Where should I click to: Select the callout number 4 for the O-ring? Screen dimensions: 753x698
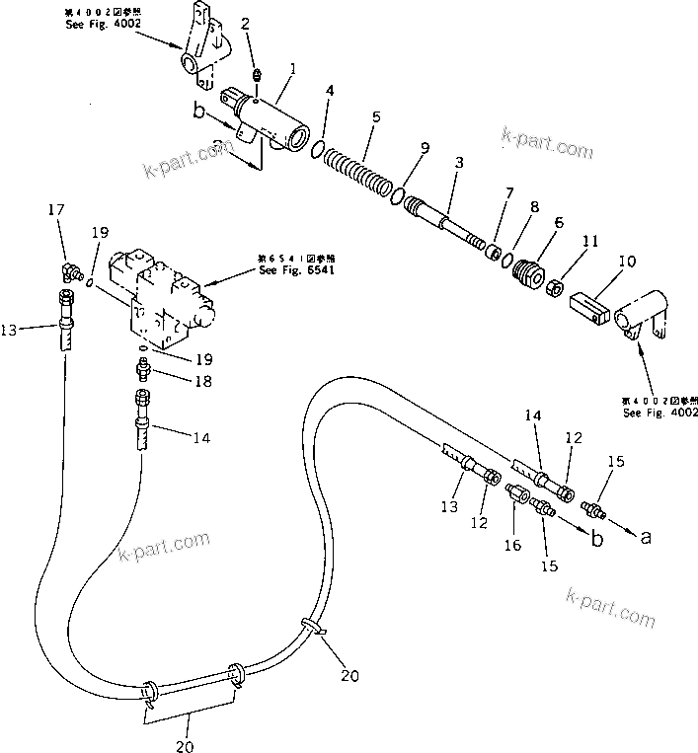coord(330,93)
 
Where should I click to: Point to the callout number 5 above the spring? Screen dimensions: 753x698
coord(374,116)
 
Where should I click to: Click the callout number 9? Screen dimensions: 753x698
coord(425,148)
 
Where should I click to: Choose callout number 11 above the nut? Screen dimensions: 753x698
coord(591,240)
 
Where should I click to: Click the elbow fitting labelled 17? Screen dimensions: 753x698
coord(69,269)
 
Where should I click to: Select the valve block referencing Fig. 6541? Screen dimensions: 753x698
coord(167,294)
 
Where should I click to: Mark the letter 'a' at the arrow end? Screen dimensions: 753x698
coord(646,538)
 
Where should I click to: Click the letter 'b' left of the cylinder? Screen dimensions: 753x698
coord(199,113)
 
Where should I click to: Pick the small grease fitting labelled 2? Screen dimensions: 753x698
coord(255,76)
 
